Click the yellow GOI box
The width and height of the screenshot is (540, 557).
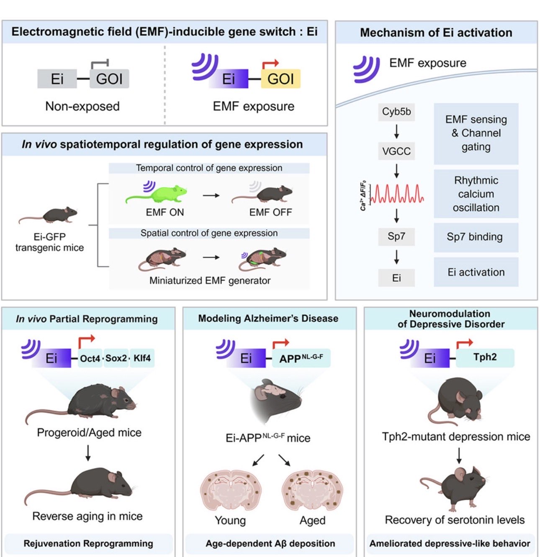pyautogui.click(x=280, y=79)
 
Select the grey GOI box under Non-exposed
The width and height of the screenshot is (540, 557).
pyautogui.click(x=109, y=79)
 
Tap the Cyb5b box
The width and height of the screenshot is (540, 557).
pyautogui.click(x=396, y=112)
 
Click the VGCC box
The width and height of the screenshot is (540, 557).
pyautogui.click(x=396, y=151)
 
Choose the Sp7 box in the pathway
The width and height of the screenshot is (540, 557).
pyautogui.click(x=396, y=236)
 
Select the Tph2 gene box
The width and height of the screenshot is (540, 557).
pyautogui.click(x=485, y=358)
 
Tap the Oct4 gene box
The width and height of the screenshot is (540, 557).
pyautogui.click(x=90, y=358)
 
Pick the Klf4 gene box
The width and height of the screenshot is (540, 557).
pyautogui.click(x=142, y=358)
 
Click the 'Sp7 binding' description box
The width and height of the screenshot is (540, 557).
pyautogui.click(x=476, y=237)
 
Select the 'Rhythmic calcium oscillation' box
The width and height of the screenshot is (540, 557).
pyautogui.click(x=476, y=194)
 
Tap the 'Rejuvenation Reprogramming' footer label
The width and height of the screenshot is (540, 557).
pyautogui.click(x=88, y=544)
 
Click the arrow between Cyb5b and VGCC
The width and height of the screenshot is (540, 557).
pyautogui.click(x=396, y=132)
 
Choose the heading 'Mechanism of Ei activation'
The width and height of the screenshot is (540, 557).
pyautogui.click(x=436, y=33)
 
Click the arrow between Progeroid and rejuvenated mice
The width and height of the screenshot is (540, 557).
pyautogui.click(x=88, y=453)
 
